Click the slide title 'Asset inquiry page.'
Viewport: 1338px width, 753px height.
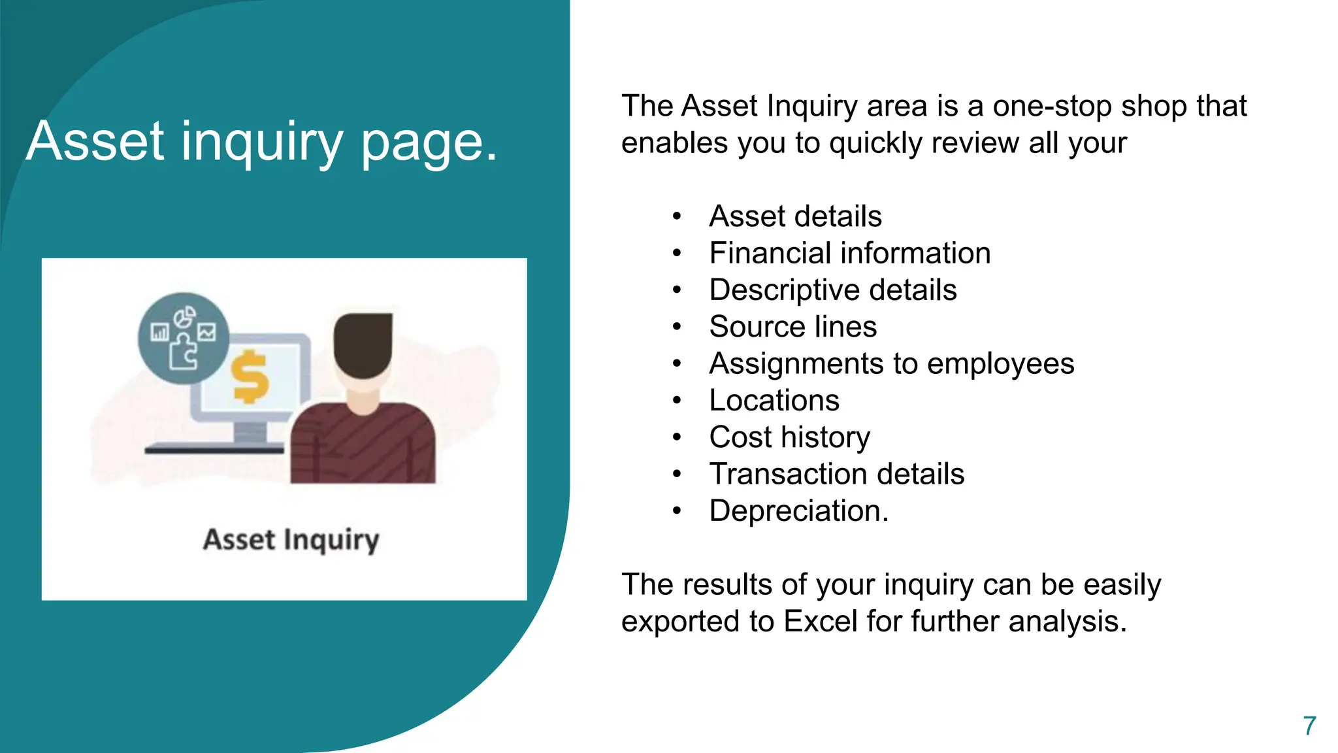(261, 141)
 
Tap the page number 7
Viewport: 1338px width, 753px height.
(1309, 726)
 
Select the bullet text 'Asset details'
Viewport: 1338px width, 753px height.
(795, 216)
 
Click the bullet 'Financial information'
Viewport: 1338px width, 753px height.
(849, 253)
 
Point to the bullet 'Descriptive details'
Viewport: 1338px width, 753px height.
(832, 290)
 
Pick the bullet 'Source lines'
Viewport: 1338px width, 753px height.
(792, 327)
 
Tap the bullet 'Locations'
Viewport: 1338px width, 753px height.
(774, 400)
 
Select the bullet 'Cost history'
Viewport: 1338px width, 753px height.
(789, 437)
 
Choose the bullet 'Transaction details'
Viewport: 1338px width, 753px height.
(836, 474)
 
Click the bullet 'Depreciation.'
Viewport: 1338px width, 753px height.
(798, 510)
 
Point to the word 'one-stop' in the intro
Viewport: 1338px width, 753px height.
(1052, 106)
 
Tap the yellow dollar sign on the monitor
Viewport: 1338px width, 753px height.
(250, 377)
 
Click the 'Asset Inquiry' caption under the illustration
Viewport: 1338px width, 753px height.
(291, 541)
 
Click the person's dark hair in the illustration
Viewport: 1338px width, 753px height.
(363, 343)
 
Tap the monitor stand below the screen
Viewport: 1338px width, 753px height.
(250, 433)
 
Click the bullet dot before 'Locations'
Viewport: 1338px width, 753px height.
(677, 400)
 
